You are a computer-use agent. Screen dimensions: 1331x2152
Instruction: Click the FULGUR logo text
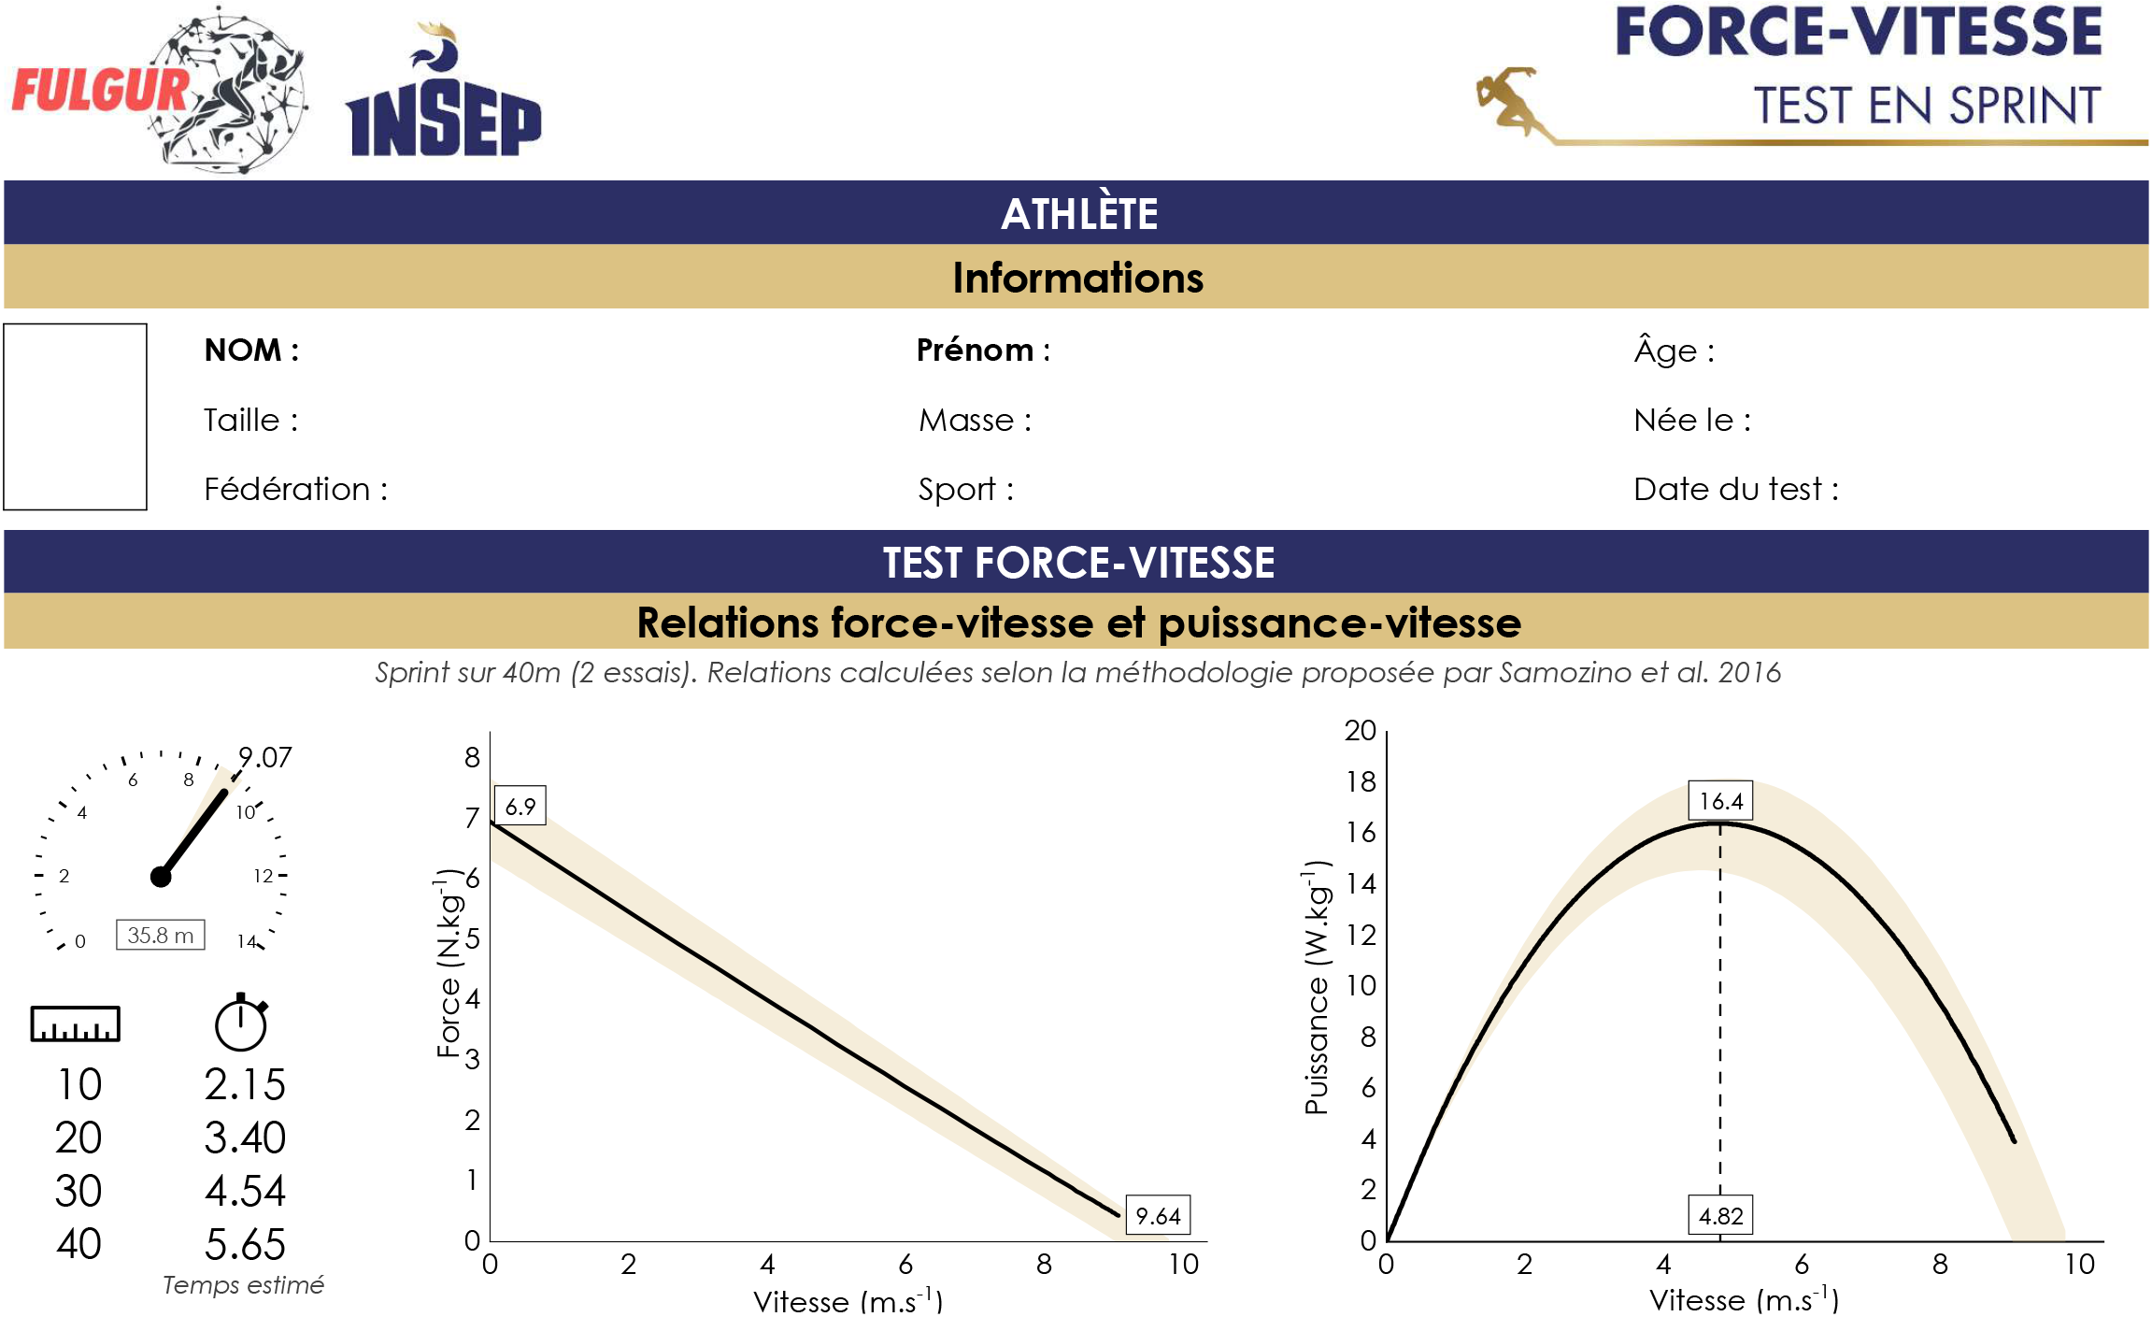(x=101, y=92)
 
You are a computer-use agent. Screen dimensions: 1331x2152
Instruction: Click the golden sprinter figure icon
(x=1506, y=99)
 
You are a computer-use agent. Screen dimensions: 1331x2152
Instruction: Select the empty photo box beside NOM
(x=76, y=417)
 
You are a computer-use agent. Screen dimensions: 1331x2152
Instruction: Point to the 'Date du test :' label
(x=1735, y=489)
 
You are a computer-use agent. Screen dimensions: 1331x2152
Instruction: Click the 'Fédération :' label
(x=295, y=489)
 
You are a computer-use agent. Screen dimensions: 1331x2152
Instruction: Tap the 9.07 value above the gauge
(x=265, y=757)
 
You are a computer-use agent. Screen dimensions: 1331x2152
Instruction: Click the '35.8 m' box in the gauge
(x=160, y=935)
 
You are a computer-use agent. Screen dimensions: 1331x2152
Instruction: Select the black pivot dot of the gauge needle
(x=161, y=877)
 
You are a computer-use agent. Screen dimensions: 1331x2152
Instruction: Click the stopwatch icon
(x=241, y=1023)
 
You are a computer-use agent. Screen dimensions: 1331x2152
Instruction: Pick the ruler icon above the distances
(x=76, y=1023)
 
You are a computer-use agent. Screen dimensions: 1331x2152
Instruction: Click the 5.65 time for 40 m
(x=245, y=1244)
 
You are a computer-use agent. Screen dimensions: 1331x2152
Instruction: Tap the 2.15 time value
(x=245, y=1084)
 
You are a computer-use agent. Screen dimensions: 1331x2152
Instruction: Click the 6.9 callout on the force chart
(x=520, y=806)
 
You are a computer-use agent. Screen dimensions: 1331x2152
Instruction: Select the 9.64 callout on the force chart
(x=1158, y=1215)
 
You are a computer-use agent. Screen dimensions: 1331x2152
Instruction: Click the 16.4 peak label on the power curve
(x=1720, y=801)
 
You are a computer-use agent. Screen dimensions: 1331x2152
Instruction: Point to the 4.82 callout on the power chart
(x=1720, y=1215)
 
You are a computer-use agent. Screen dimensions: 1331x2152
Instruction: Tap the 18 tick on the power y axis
(x=1361, y=781)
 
